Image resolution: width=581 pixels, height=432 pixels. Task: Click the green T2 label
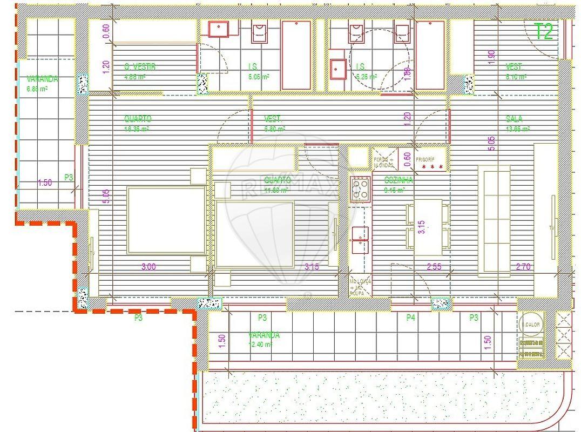(544, 32)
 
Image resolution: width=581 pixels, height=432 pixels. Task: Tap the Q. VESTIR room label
(139, 67)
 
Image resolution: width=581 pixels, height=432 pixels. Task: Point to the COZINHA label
(398, 180)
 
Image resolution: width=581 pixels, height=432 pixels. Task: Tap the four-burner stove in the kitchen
(360, 188)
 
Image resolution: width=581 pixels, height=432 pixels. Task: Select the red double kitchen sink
(360, 240)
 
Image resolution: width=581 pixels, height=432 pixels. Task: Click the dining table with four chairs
(428, 227)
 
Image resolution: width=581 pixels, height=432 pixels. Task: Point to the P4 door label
(411, 318)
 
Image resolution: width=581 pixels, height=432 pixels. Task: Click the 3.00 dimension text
(148, 267)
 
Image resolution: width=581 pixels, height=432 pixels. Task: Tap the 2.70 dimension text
(523, 267)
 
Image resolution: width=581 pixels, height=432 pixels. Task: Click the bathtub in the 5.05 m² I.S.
(296, 55)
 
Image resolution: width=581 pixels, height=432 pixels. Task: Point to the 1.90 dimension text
(491, 57)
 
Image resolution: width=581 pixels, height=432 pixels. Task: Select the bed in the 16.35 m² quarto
(166, 220)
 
